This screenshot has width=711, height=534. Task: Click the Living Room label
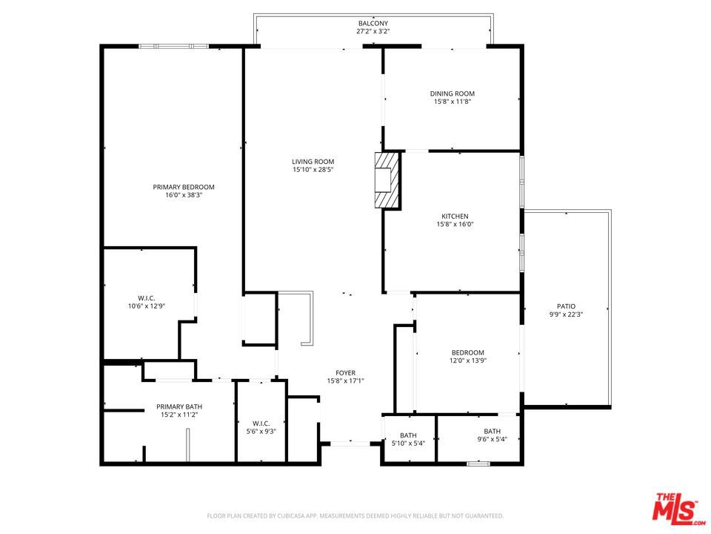pyautogui.click(x=313, y=161)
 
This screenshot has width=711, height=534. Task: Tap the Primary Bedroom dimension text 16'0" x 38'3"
pyautogui.click(x=184, y=196)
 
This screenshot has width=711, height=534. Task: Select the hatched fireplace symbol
pyautogui.click(x=387, y=180)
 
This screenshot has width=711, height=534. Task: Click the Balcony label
pyautogui.click(x=373, y=24)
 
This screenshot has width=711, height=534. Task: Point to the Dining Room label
pyautogui.click(x=452, y=93)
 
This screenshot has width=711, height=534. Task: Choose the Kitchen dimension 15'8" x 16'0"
pyautogui.click(x=452, y=225)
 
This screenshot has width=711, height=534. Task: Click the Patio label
pyautogui.click(x=566, y=306)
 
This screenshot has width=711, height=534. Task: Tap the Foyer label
pyautogui.click(x=345, y=372)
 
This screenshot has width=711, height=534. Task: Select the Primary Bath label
pyautogui.click(x=178, y=406)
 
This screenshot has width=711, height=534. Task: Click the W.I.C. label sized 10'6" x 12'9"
pyautogui.click(x=147, y=297)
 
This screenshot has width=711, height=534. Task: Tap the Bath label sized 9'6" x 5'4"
pyautogui.click(x=492, y=432)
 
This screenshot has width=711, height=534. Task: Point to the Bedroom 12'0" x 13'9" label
pyautogui.click(x=468, y=352)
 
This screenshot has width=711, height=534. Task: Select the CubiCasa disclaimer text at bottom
pyautogui.click(x=355, y=515)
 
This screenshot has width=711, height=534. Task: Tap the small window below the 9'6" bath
pyautogui.click(x=478, y=464)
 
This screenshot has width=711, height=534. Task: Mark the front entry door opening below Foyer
pyautogui.click(x=350, y=444)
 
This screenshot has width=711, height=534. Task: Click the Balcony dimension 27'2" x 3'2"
pyautogui.click(x=373, y=33)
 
